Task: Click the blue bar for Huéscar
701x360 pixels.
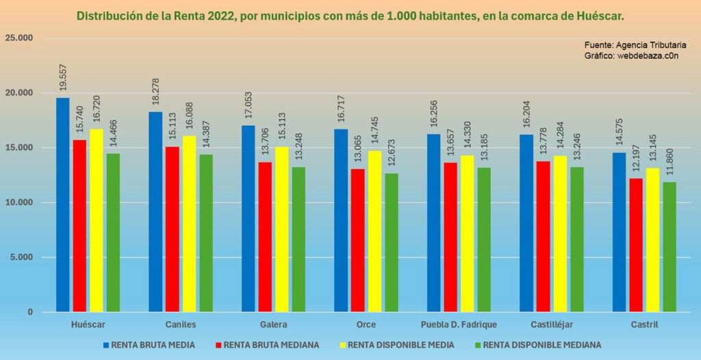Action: coord(63,205)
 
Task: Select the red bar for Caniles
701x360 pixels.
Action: coord(172,229)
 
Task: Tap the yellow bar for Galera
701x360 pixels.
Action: coord(281,229)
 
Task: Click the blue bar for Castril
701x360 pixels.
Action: coord(619,233)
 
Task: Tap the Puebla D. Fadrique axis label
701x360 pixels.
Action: coord(459,324)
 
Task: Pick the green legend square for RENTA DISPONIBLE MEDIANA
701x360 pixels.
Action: coord(477,345)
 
